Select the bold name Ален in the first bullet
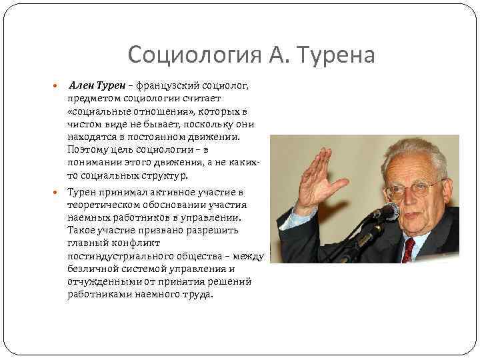(82, 85)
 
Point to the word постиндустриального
(118, 256)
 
